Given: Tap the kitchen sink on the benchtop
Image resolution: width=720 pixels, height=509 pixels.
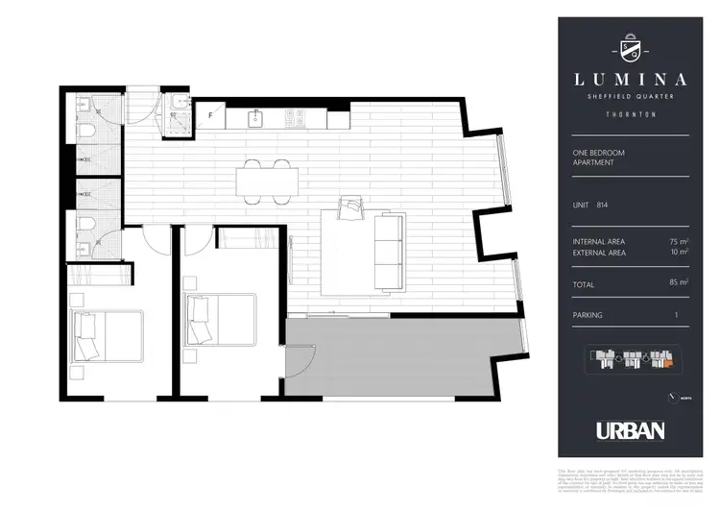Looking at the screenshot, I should [256, 118].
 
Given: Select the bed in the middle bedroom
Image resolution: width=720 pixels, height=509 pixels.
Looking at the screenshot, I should [220, 319].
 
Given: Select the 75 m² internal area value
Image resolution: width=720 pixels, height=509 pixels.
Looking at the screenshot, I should [679, 241].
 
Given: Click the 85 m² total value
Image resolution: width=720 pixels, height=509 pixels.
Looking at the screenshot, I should [679, 284].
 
